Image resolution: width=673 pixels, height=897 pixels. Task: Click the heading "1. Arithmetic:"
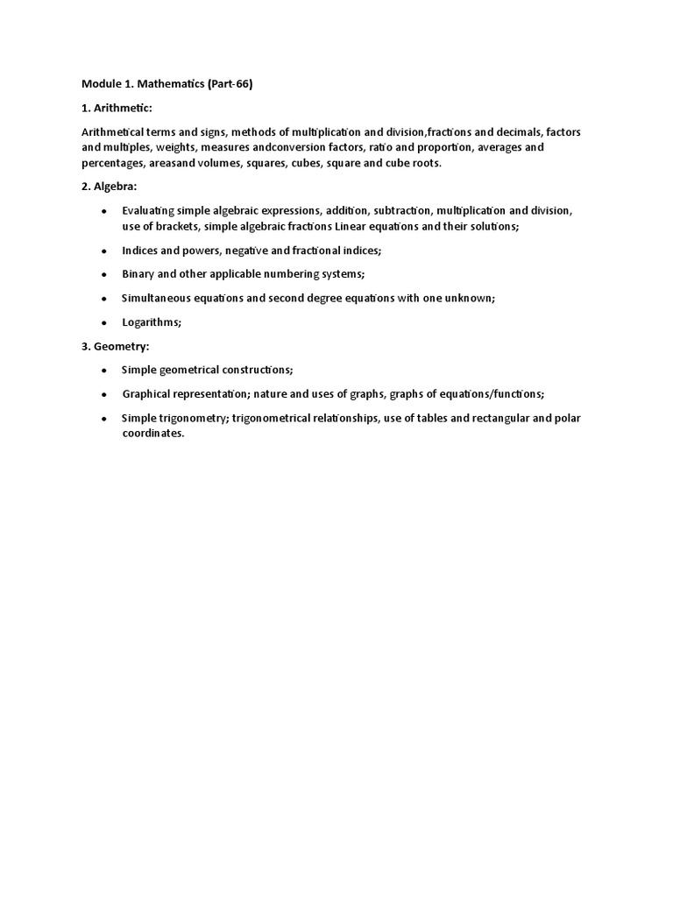click(117, 108)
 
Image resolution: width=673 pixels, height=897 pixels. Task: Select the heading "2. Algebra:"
click(110, 187)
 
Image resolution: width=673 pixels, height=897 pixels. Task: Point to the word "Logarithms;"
click(152, 322)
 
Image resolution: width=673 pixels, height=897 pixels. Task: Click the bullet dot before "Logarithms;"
click(104, 323)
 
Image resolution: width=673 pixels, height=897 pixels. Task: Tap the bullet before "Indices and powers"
click(104, 251)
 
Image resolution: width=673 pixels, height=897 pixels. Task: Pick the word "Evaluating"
click(148, 211)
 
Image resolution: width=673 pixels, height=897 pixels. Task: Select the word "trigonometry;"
click(195, 418)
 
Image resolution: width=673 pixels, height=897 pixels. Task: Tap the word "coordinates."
click(153, 434)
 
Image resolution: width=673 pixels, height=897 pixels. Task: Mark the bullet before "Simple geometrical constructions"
click(104, 371)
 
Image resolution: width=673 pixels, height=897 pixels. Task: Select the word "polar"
click(565, 418)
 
